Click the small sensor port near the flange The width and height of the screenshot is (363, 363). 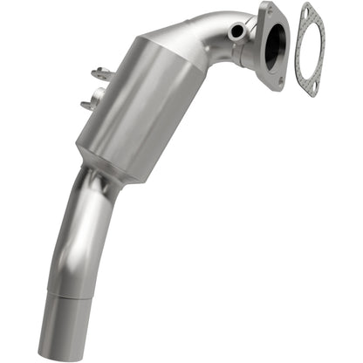pos(236,31)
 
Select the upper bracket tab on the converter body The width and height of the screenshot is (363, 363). pos(101,74)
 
